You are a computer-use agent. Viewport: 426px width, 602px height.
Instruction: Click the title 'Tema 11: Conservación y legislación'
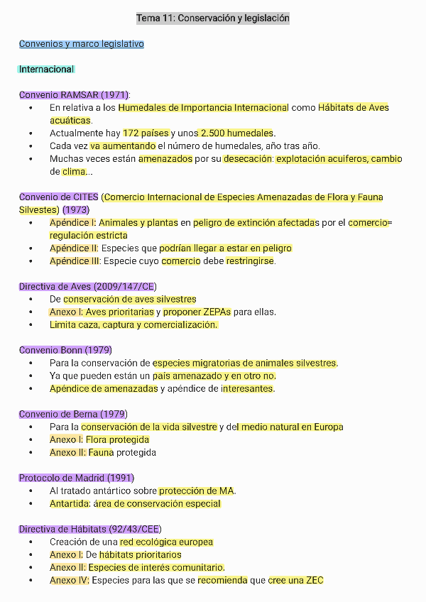(x=212, y=18)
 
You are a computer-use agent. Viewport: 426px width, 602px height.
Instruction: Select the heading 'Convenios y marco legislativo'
(x=82, y=44)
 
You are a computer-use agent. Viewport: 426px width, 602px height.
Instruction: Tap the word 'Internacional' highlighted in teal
(x=47, y=70)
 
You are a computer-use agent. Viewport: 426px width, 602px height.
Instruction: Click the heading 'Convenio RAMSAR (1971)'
(x=74, y=95)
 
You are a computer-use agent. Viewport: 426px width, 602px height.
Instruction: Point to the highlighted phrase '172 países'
(x=146, y=133)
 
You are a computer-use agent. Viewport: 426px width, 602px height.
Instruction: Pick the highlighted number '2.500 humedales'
(x=237, y=133)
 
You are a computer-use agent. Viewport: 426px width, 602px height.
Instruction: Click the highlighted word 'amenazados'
(x=165, y=159)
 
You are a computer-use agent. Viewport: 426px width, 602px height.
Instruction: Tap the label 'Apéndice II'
(x=73, y=248)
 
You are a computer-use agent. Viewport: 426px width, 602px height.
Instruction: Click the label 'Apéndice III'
(x=75, y=261)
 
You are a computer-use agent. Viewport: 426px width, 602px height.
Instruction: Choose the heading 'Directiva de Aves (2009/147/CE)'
(x=87, y=287)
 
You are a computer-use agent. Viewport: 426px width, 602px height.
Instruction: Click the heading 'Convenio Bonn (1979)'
(x=65, y=351)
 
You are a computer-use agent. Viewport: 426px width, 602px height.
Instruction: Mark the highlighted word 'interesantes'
(x=248, y=389)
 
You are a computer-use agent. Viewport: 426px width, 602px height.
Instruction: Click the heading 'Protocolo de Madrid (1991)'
(x=76, y=478)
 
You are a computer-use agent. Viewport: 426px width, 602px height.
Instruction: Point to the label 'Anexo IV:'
(x=70, y=581)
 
